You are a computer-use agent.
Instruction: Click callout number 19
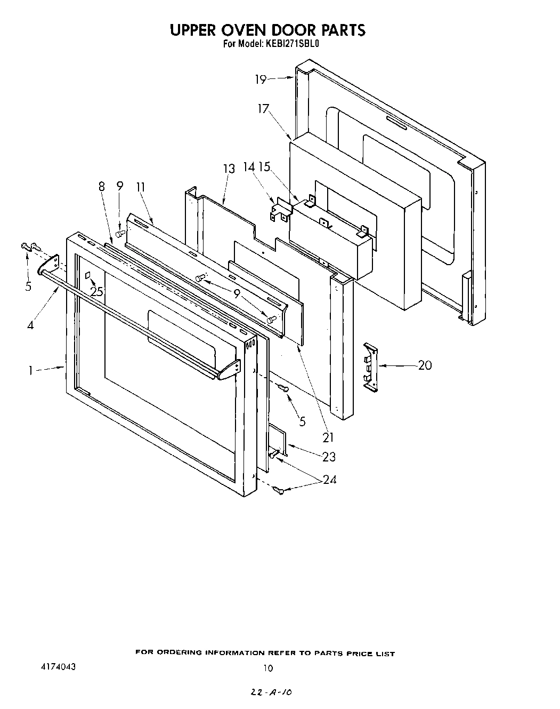coord(260,79)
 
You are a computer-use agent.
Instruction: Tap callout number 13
coord(229,169)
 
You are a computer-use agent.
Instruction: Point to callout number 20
coord(425,365)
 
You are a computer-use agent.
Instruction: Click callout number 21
coord(328,437)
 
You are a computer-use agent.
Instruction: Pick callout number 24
coord(329,480)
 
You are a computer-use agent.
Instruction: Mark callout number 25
coord(96,292)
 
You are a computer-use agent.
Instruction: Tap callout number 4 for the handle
coord(30,324)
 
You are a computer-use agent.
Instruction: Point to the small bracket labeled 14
coord(281,210)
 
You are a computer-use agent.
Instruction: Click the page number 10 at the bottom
coord(268,667)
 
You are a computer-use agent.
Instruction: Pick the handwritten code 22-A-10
coord(272,692)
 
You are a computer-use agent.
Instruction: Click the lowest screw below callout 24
coord(278,490)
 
